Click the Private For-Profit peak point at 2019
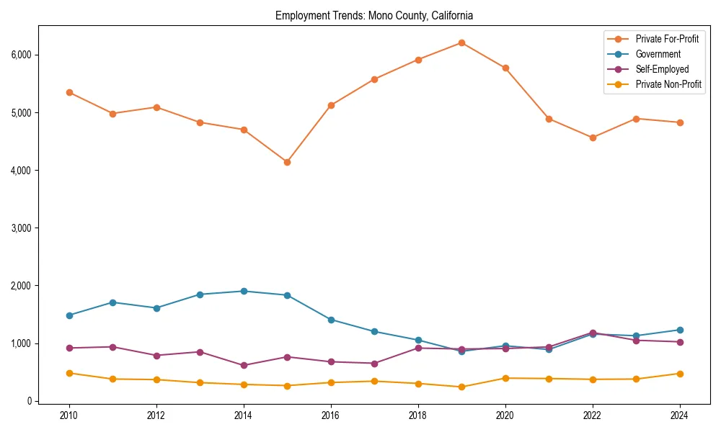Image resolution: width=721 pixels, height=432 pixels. coord(461,42)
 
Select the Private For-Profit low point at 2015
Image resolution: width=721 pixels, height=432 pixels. coord(287,162)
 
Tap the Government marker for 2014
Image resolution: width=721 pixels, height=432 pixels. coord(244,291)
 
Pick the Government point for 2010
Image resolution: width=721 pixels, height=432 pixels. coord(69,315)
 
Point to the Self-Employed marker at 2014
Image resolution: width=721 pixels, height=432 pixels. coord(244,365)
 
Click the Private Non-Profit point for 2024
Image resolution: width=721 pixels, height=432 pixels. coord(680,374)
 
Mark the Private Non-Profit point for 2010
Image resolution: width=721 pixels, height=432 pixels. coord(69,373)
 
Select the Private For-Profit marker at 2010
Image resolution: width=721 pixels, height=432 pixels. coord(69,92)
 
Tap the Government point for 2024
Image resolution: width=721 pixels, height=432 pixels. coord(680,330)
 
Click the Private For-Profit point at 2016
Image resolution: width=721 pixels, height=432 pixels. coord(331,105)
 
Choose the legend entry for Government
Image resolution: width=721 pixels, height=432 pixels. coord(658,54)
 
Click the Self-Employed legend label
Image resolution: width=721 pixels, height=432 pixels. coord(662,69)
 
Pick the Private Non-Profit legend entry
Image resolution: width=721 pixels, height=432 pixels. coord(668,84)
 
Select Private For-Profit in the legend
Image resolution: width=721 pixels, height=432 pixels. coord(667,39)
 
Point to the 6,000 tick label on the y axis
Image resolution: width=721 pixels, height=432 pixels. coord(21,55)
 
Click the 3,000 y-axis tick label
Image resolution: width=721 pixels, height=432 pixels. coord(21,228)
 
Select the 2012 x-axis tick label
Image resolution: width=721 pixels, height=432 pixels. coord(156,415)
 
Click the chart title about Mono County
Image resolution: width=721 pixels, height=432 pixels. coord(374,15)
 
